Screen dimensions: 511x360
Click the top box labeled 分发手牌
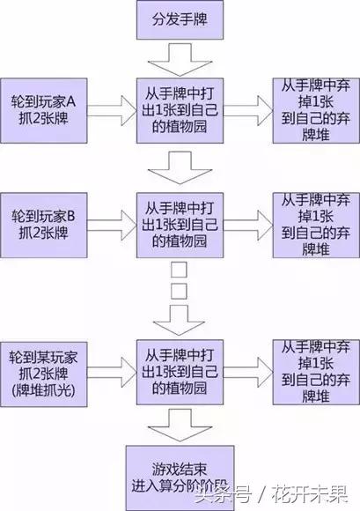point(180,19)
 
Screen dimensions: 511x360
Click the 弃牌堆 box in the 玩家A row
point(314,105)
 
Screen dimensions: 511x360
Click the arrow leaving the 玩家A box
point(110,104)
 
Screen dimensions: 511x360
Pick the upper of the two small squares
point(179,268)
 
